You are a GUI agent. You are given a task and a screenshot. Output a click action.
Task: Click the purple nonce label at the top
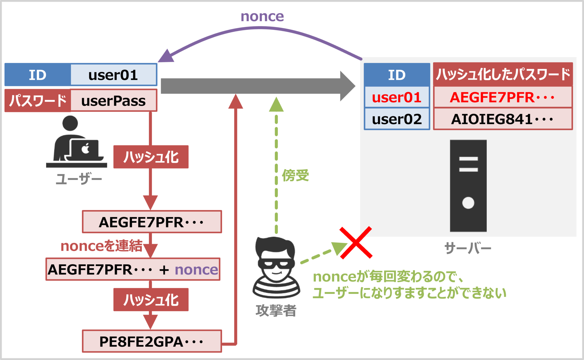click(x=262, y=17)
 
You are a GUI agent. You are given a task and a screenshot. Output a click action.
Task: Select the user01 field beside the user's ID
click(x=113, y=75)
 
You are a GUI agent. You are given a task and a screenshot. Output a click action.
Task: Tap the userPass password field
click(x=113, y=101)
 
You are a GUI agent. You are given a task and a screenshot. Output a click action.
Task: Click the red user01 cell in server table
click(x=397, y=98)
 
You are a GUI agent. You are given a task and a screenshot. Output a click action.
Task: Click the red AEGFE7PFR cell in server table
click(x=502, y=98)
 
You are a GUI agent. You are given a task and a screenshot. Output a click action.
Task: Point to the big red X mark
click(x=356, y=243)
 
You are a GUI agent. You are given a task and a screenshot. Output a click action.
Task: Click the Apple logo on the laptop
click(x=86, y=148)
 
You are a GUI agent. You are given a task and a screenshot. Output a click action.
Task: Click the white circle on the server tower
click(x=468, y=203)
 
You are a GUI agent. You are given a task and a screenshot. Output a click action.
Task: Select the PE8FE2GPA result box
click(x=152, y=341)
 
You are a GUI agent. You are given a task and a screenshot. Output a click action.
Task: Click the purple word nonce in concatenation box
click(x=196, y=270)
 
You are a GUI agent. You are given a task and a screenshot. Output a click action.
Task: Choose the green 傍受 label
click(x=295, y=175)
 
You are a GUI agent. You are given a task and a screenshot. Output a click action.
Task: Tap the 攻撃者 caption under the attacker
click(x=276, y=310)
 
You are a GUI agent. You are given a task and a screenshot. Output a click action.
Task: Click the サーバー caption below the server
click(x=468, y=248)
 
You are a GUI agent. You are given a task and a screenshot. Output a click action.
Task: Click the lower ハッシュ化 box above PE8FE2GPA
click(x=151, y=300)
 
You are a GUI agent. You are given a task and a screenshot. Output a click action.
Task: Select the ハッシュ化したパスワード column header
click(x=503, y=74)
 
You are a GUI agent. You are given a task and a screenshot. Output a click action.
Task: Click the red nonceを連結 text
click(x=102, y=246)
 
